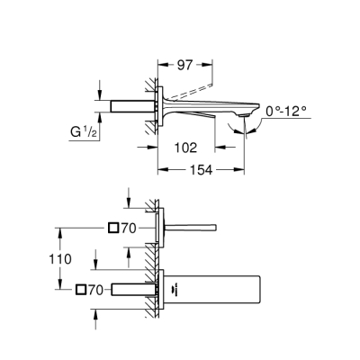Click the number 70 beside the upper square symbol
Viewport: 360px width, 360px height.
pos(130,229)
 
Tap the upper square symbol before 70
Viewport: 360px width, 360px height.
pos(112,229)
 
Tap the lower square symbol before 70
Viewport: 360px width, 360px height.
pos(82,289)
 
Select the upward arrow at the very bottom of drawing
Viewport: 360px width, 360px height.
pos(97,315)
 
